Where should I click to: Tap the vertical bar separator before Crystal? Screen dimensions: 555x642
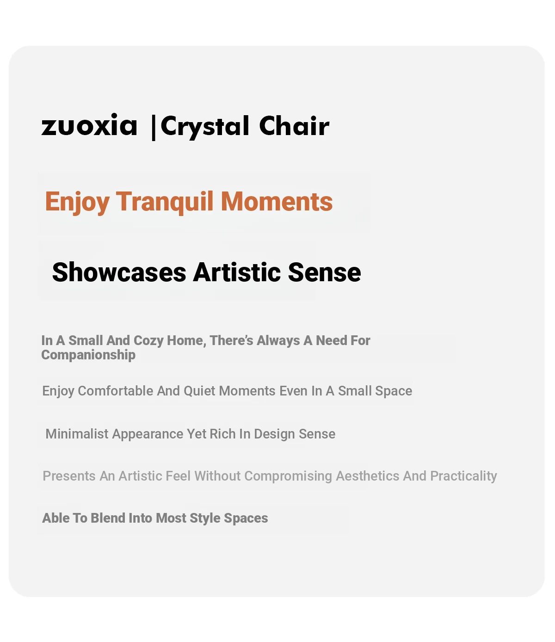click(x=153, y=128)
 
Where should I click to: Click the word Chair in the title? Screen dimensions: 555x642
click(x=294, y=125)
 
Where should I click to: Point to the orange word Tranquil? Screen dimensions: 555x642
click(x=165, y=202)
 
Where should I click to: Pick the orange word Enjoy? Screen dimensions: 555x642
click(x=77, y=202)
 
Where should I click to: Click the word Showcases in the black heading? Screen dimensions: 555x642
click(x=119, y=272)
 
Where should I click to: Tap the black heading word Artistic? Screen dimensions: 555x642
click(x=237, y=272)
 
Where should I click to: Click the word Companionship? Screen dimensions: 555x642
click(x=88, y=355)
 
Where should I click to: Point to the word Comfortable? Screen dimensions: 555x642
click(x=116, y=391)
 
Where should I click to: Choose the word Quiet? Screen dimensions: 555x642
click(x=199, y=391)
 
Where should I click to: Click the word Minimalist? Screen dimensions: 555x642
click(x=77, y=434)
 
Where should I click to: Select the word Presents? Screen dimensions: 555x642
click(x=69, y=476)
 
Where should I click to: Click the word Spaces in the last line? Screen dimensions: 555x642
click(x=246, y=519)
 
